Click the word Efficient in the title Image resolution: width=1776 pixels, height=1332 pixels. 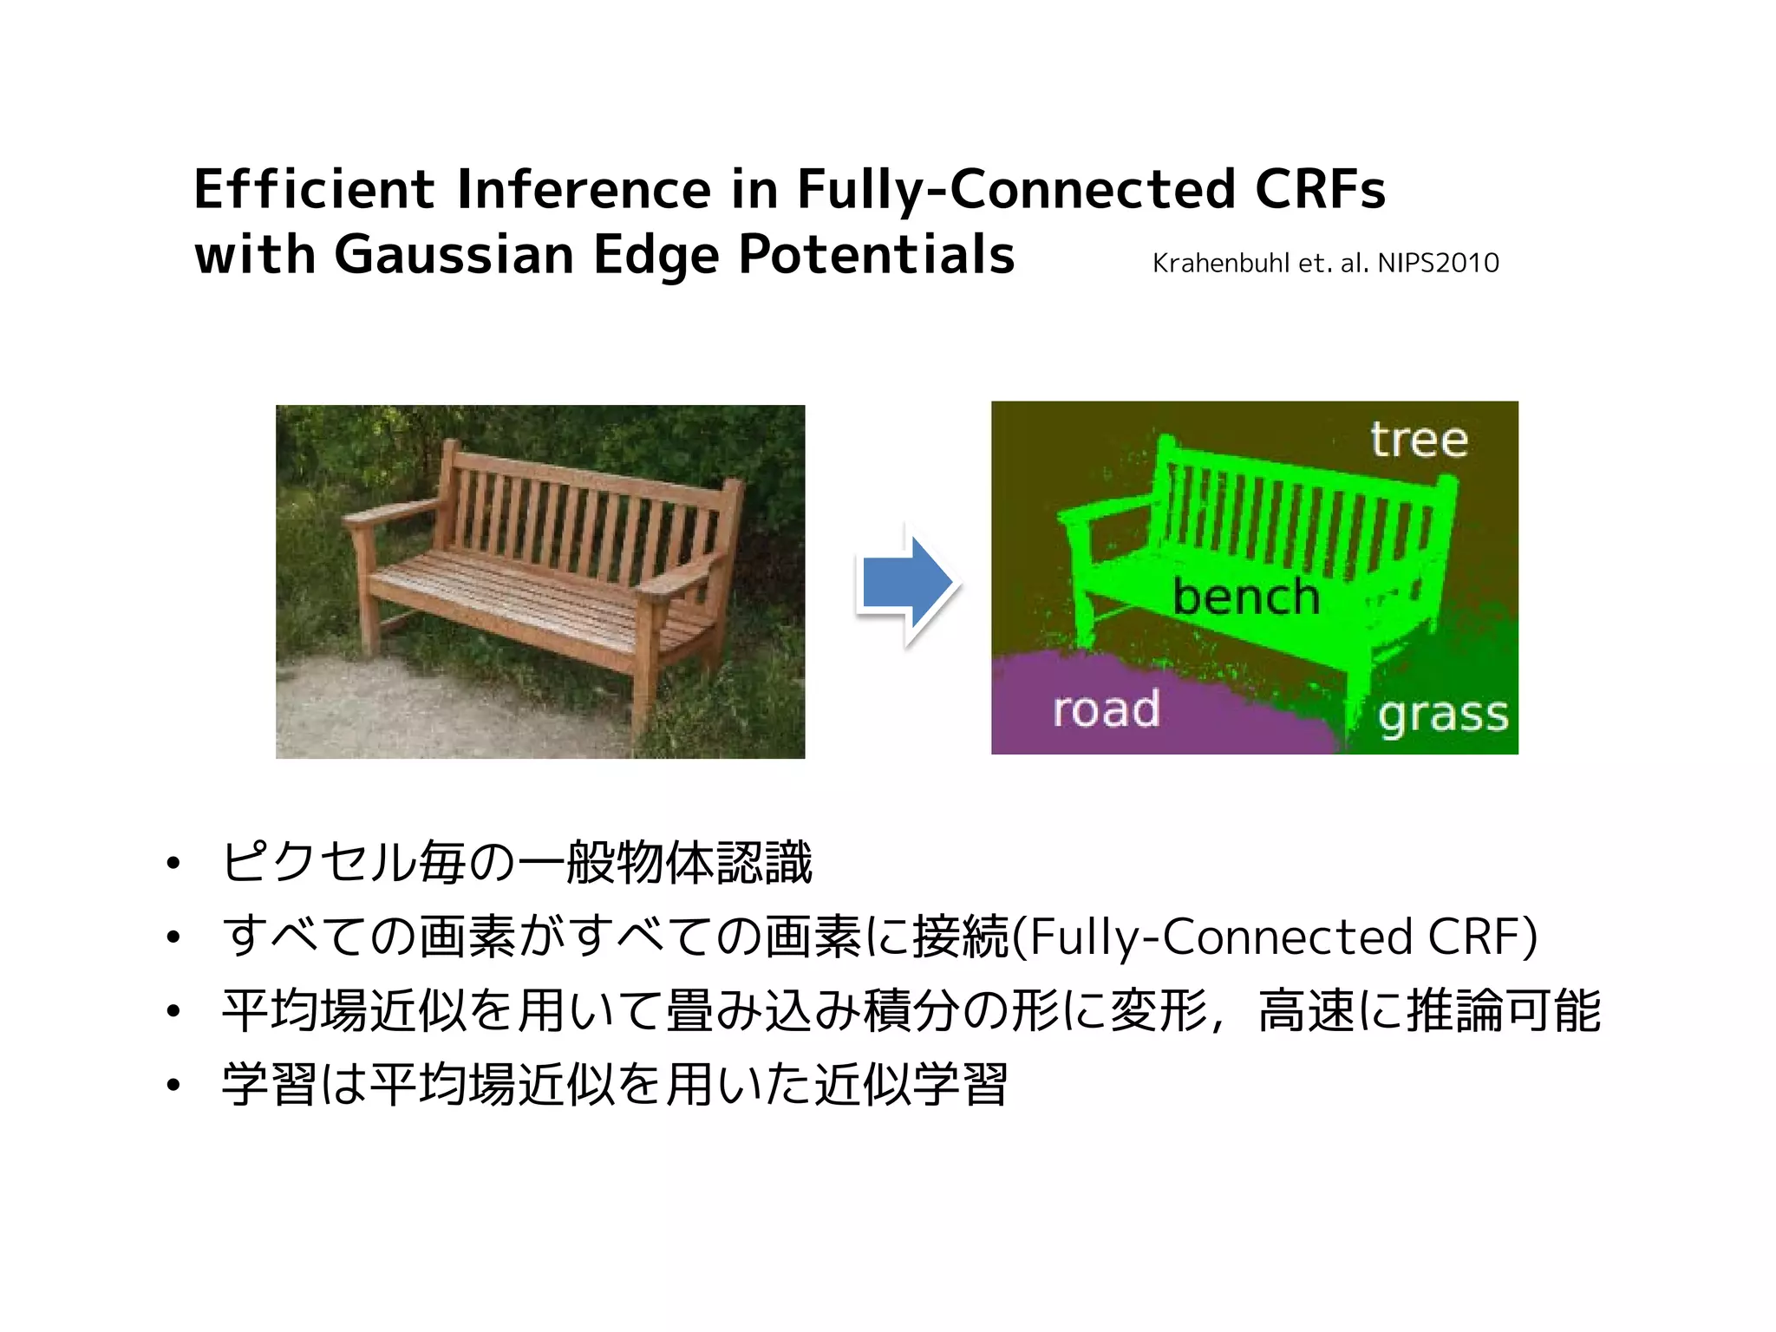pyautogui.click(x=314, y=189)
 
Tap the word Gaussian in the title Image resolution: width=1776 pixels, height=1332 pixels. pyautogui.click(x=454, y=255)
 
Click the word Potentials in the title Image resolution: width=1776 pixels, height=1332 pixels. pyautogui.click(x=876, y=255)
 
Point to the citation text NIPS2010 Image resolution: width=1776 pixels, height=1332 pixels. pyautogui.click(x=1438, y=263)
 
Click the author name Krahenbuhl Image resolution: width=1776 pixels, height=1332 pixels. pyautogui.click(x=1221, y=263)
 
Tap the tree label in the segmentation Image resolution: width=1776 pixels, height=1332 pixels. pyautogui.click(x=1419, y=440)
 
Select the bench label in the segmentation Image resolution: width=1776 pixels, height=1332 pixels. pyautogui.click(x=1245, y=597)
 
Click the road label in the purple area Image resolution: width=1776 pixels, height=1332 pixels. pyautogui.click(x=1106, y=709)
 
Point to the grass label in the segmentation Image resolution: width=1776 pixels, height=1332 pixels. pyautogui.click(x=1443, y=716)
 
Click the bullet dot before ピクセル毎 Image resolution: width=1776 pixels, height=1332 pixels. pyautogui.click(x=174, y=864)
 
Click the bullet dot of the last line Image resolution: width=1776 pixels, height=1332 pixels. pyautogui.click(x=174, y=1085)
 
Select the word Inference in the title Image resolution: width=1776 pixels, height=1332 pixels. pyautogui.click(x=584, y=189)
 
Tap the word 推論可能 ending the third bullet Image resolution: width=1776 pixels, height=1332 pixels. pyautogui.click(x=1503, y=1011)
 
